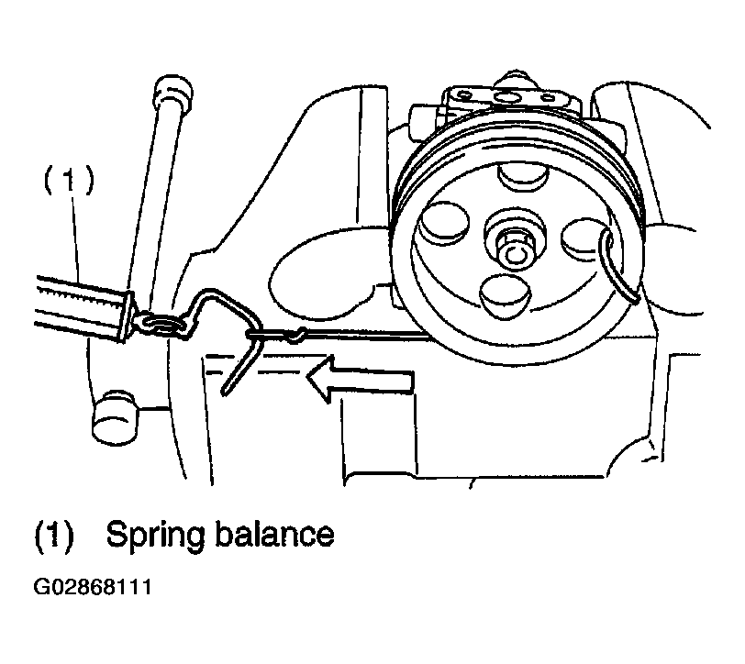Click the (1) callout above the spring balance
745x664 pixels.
pos(70,181)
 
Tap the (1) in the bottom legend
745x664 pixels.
pos(54,537)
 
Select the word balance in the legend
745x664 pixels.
pos(275,534)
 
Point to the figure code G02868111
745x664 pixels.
pos(93,588)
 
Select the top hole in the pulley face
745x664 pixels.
pos(522,176)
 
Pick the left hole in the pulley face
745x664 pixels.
pos(445,223)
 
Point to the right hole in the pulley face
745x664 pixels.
pos(584,240)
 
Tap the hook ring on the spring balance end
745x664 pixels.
pos(161,324)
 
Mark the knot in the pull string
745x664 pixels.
pos(297,335)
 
